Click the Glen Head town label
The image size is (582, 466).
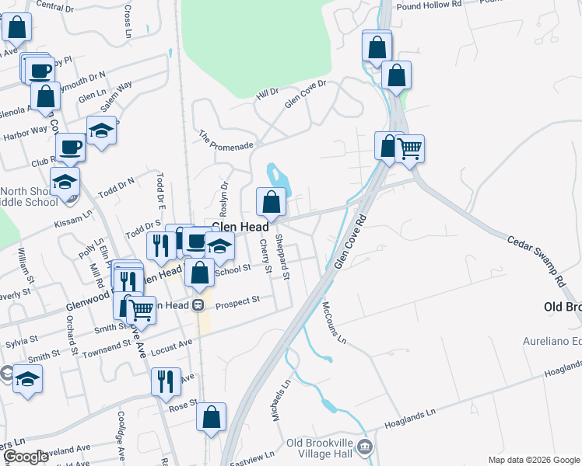coord(240,227)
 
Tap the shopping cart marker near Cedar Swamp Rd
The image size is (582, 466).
coord(409,148)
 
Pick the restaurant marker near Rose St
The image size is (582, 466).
coord(165,381)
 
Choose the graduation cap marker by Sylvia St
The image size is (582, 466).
coord(28,380)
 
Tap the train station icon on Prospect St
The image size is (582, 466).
coord(198,305)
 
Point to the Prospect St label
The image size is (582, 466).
coord(237,304)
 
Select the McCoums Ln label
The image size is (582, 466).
coord(332,322)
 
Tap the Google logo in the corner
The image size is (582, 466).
coord(25,457)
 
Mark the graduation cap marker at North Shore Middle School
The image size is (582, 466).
coord(65,183)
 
